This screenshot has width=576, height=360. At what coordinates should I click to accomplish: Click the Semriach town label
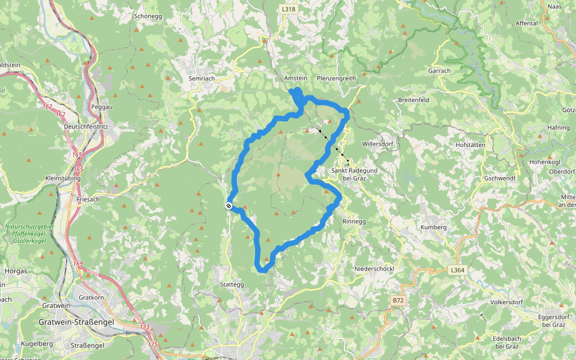(202, 79)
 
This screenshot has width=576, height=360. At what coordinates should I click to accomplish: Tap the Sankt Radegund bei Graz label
(350, 175)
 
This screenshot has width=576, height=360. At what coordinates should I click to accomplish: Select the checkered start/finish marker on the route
(229, 206)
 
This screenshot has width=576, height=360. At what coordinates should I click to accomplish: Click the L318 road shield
(289, 9)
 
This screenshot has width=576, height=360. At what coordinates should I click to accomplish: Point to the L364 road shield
(457, 271)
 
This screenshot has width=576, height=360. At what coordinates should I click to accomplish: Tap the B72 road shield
(398, 299)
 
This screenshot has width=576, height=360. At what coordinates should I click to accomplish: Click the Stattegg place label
(232, 284)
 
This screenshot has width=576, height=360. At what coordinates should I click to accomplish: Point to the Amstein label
(295, 79)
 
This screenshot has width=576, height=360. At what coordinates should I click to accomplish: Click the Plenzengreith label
(337, 79)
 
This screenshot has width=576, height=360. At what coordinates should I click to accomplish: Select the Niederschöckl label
(374, 269)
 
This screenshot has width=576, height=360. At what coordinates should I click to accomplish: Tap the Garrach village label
(439, 70)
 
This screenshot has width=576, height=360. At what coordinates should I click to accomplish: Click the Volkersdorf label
(508, 302)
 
